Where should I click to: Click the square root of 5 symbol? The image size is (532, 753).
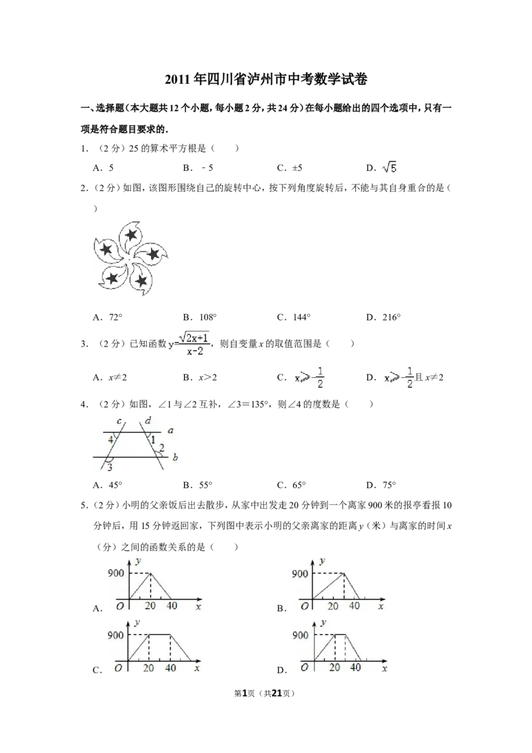[x=388, y=169]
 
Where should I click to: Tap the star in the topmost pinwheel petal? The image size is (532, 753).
[x=132, y=234]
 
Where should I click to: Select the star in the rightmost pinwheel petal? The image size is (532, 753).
[x=154, y=253]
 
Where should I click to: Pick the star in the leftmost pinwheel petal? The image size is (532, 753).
[x=105, y=249]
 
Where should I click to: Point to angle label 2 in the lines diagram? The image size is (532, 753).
[x=161, y=450]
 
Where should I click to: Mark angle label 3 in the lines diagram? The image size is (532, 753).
[x=109, y=468]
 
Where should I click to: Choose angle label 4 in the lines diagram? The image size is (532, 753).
[x=110, y=440]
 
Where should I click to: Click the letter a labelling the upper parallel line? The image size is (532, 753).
[x=170, y=431]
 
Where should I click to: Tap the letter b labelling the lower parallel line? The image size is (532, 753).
[x=174, y=458]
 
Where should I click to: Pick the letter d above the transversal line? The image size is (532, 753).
[x=147, y=420]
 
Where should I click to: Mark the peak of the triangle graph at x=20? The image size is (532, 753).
[x=151, y=573]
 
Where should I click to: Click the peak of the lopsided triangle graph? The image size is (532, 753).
[x=344, y=573]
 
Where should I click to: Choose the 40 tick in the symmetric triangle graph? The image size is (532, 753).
[x=172, y=606]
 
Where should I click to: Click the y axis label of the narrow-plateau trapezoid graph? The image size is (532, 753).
[x=323, y=623]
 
